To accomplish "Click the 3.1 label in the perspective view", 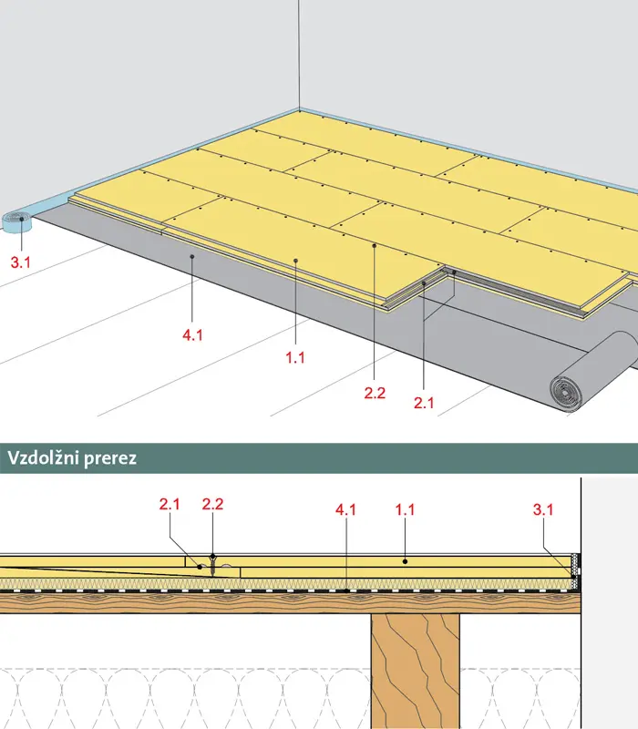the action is (20, 262).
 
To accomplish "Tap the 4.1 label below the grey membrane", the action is (192, 334).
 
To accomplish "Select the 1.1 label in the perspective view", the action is (295, 357).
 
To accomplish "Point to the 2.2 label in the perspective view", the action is (375, 394).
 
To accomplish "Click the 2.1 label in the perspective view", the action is (424, 403).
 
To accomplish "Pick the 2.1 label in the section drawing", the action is (170, 504).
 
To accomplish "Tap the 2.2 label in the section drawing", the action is (212, 504).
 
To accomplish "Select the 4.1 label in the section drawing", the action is (346, 509).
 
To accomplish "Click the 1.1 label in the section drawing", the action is (405, 509).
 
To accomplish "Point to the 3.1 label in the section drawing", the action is (543, 509).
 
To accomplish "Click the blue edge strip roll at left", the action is (16, 221).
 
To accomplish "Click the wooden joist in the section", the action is (416, 671).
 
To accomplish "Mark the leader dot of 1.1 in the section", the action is (405, 561).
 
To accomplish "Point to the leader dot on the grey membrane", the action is (192, 257).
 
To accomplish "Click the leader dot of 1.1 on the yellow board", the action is (295, 261).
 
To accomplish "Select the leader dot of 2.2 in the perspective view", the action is (375, 245).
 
